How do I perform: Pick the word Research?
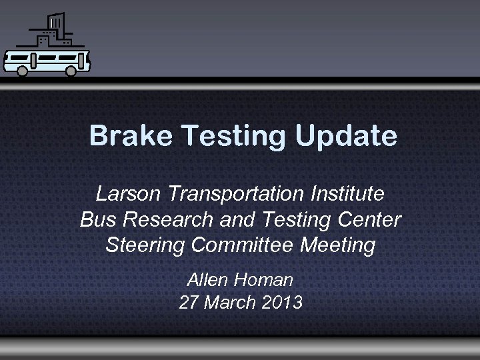(166, 219)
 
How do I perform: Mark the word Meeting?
(338, 245)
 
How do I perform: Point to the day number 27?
(189, 303)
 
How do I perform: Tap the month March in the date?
(230, 303)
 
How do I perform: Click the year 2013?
(282, 303)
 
